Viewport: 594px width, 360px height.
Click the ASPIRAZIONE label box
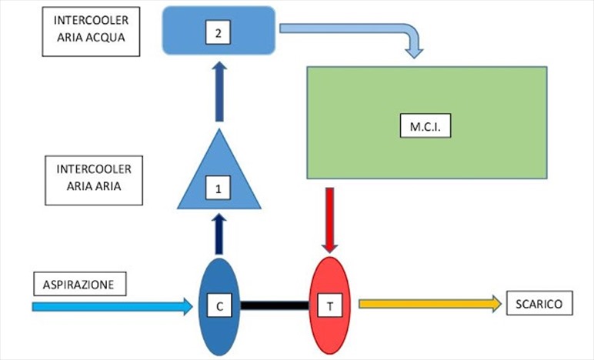click(x=80, y=284)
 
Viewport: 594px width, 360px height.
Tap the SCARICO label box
click(x=539, y=303)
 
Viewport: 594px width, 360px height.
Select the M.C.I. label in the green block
click(x=425, y=125)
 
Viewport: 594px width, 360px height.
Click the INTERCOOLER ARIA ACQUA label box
click(x=91, y=32)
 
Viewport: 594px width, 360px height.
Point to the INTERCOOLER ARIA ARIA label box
click(x=94, y=181)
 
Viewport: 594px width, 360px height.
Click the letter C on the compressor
click(x=220, y=305)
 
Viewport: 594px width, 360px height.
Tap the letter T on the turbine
click(x=330, y=305)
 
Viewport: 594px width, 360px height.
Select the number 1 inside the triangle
click(x=218, y=188)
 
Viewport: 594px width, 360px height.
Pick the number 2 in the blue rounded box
click(x=218, y=32)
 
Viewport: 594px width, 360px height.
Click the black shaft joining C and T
click(x=275, y=305)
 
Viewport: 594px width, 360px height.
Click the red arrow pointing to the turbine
click(x=330, y=220)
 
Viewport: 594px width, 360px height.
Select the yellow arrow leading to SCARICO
click(x=430, y=304)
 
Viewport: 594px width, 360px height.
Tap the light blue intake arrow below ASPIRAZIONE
click(x=112, y=306)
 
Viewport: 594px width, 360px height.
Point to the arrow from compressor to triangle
click(x=219, y=234)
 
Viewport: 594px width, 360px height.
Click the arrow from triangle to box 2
click(x=219, y=92)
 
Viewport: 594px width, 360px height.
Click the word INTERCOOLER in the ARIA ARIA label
click(x=94, y=168)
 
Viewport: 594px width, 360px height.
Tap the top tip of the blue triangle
click(x=219, y=129)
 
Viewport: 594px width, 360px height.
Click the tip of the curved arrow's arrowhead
click(x=414, y=58)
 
